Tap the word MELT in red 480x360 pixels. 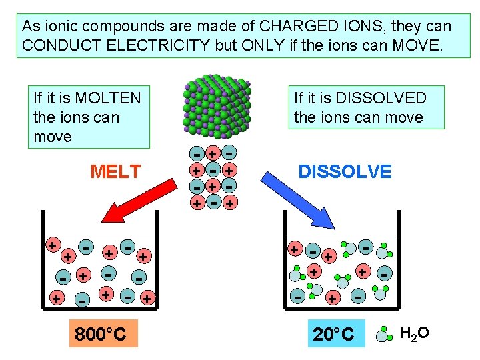(x=115, y=172)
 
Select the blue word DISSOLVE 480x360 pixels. (x=345, y=171)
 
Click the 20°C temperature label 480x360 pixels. (x=333, y=333)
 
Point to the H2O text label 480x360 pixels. (x=415, y=332)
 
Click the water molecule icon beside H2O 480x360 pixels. (x=385, y=333)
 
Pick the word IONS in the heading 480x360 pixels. (x=347, y=27)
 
